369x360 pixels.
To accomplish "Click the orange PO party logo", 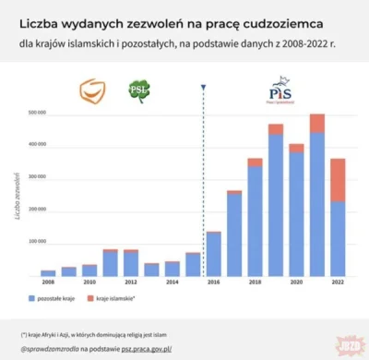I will [91, 91].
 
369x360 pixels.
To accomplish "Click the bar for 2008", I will [48, 273].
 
